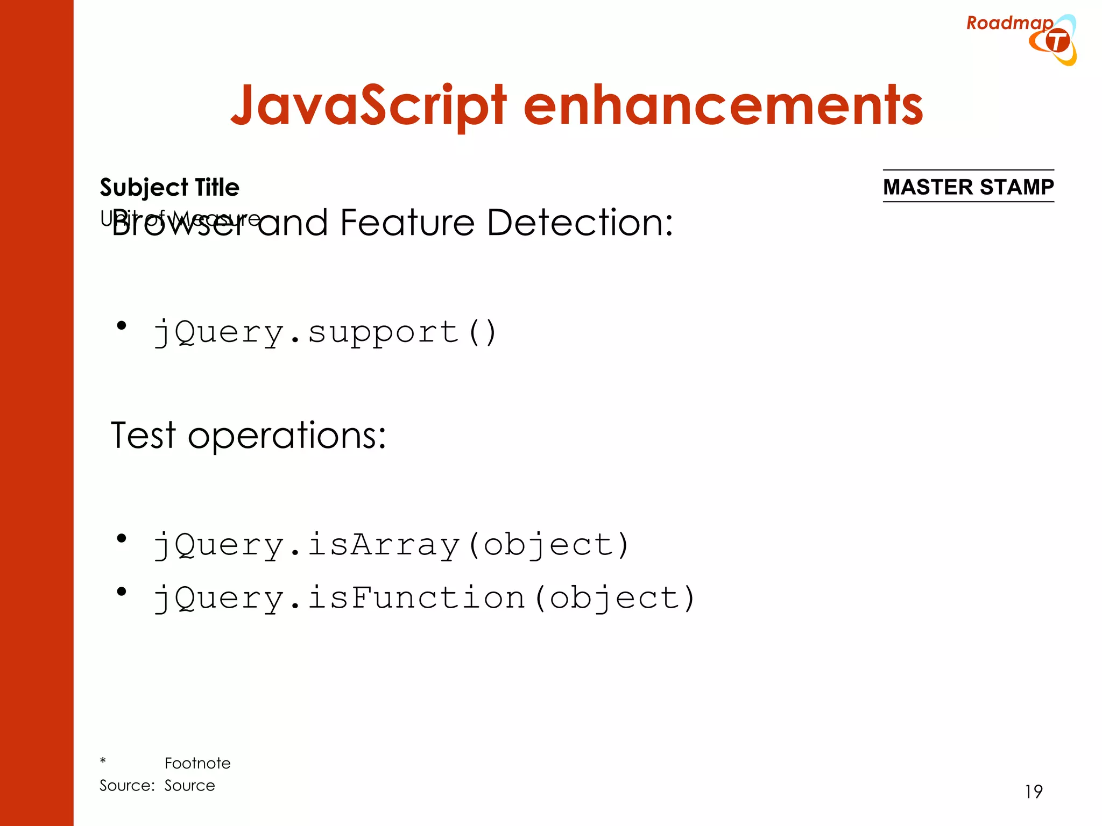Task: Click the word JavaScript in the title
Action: coord(368,106)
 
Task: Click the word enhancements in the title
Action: coord(723,106)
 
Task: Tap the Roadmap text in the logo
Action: coord(1009,23)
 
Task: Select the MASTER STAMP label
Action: coord(968,187)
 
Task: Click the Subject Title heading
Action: coord(169,188)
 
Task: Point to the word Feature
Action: coord(407,223)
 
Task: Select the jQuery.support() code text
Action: coord(325,332)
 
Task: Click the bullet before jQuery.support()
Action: coord(122,325)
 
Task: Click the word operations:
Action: coord(287,436)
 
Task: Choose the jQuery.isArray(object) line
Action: coord(391,545)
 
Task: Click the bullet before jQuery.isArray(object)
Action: coord(122,538)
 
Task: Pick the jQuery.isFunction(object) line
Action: coord(425,599)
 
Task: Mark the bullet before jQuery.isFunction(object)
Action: coord(122,592)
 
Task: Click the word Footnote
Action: coord(197,763)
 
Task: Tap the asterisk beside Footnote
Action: coord(103,761)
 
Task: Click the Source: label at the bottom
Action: coord(127,786)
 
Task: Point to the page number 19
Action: coord(1033,792)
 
